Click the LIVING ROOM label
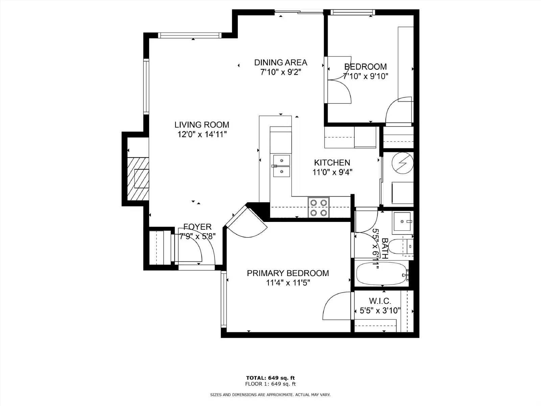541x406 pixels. (202, 125)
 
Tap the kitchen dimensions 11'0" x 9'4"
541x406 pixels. (332, 173)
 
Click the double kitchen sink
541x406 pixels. (281, 166)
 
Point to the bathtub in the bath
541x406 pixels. (381, 274)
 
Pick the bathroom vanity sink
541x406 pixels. (402, 222)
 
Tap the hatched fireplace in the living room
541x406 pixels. (138, 179)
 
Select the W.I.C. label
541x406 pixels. (380, 301)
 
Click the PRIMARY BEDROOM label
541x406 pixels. (288, 273)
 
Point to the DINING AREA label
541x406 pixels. (281, 63)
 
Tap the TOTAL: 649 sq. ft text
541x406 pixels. (270, 378)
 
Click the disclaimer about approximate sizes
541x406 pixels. (270, 394)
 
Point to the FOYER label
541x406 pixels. (197, 227)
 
